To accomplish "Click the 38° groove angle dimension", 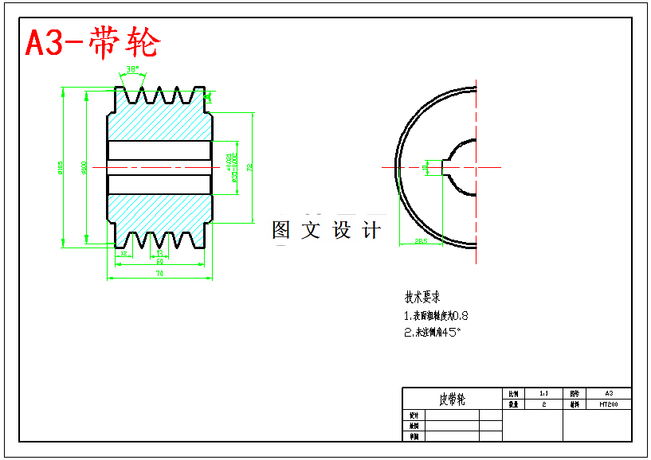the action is click(x=132, y=69).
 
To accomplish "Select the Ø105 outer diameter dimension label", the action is click(x=60, y=168).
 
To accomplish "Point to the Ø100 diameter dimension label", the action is click(x=84, y=168).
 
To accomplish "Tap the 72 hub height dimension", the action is click(x=249, y=168).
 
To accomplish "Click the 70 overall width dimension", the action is click(x=159, y=274).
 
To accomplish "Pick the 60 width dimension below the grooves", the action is click(x=159, y=262).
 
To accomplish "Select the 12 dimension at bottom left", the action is click(x=123, y=254).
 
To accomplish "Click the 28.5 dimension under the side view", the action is click(x=421, y=240).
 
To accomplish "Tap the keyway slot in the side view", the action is click(x=435, y=167).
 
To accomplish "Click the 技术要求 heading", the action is click(x=422, y=298).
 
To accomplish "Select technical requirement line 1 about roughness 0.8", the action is click(x=436, y=316).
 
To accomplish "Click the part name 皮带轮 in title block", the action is click(x=452, y=399).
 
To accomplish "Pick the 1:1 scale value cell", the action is click(x=543, y=393).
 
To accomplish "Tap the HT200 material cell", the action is click(x=608, y=404).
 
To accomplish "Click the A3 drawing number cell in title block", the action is click(x=608, y=393).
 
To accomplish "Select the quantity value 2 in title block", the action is click(x=543, y=404).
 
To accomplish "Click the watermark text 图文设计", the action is click(x=326, y=231).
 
